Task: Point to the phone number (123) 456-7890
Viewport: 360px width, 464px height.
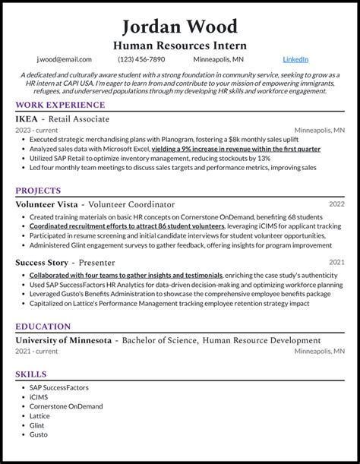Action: (141, 59)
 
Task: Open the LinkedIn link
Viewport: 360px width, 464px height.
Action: (295, 59)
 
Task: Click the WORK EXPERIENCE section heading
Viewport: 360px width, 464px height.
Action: (60, 105)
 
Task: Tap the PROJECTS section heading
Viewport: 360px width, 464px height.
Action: (39, 191)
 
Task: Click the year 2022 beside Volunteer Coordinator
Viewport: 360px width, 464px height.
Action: (336, 205)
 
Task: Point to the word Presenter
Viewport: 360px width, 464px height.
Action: (112, 263)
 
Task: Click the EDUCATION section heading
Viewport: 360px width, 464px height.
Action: (43, 327)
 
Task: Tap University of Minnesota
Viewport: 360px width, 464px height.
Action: (63, 340)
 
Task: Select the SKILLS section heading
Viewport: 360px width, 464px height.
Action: (31, 374)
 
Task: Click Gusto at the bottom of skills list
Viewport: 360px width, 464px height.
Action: (39, 435)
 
